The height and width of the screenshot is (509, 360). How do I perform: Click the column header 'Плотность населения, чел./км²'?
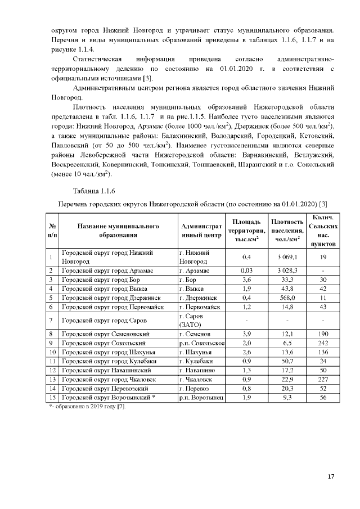287,231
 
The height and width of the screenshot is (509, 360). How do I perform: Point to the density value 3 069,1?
287,257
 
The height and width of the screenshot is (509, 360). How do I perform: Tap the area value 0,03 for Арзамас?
246,271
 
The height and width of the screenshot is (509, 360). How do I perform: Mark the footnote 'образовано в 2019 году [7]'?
90,406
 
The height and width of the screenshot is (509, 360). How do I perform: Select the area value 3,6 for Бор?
246,280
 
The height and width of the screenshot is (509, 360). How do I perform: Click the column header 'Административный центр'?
201,231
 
